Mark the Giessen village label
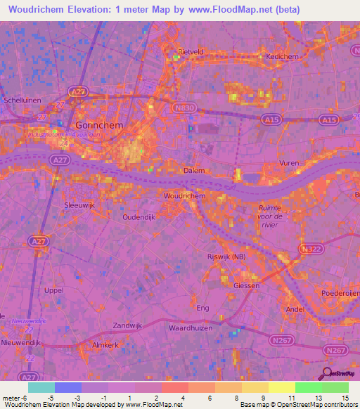247,286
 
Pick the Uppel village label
53,290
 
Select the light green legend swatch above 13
308,387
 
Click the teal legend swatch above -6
41,387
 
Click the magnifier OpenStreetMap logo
327,373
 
